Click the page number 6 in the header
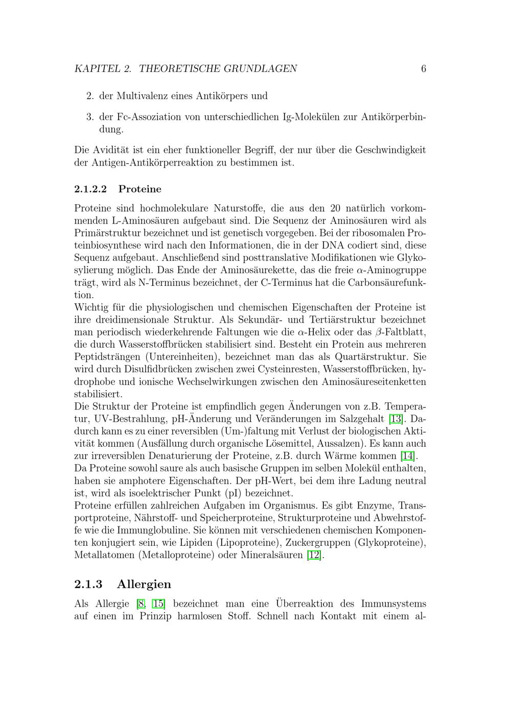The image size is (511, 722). tap(424, 69)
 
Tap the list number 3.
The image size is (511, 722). tap(89, 117)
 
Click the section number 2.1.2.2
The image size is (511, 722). tap(90, 189)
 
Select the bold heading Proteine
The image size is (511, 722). tap(140, 189)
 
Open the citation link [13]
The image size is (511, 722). tap(396, 419)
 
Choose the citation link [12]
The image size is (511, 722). tap(315, 555)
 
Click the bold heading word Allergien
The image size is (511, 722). tap(144, 584)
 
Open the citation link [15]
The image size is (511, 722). tap(158, 604)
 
